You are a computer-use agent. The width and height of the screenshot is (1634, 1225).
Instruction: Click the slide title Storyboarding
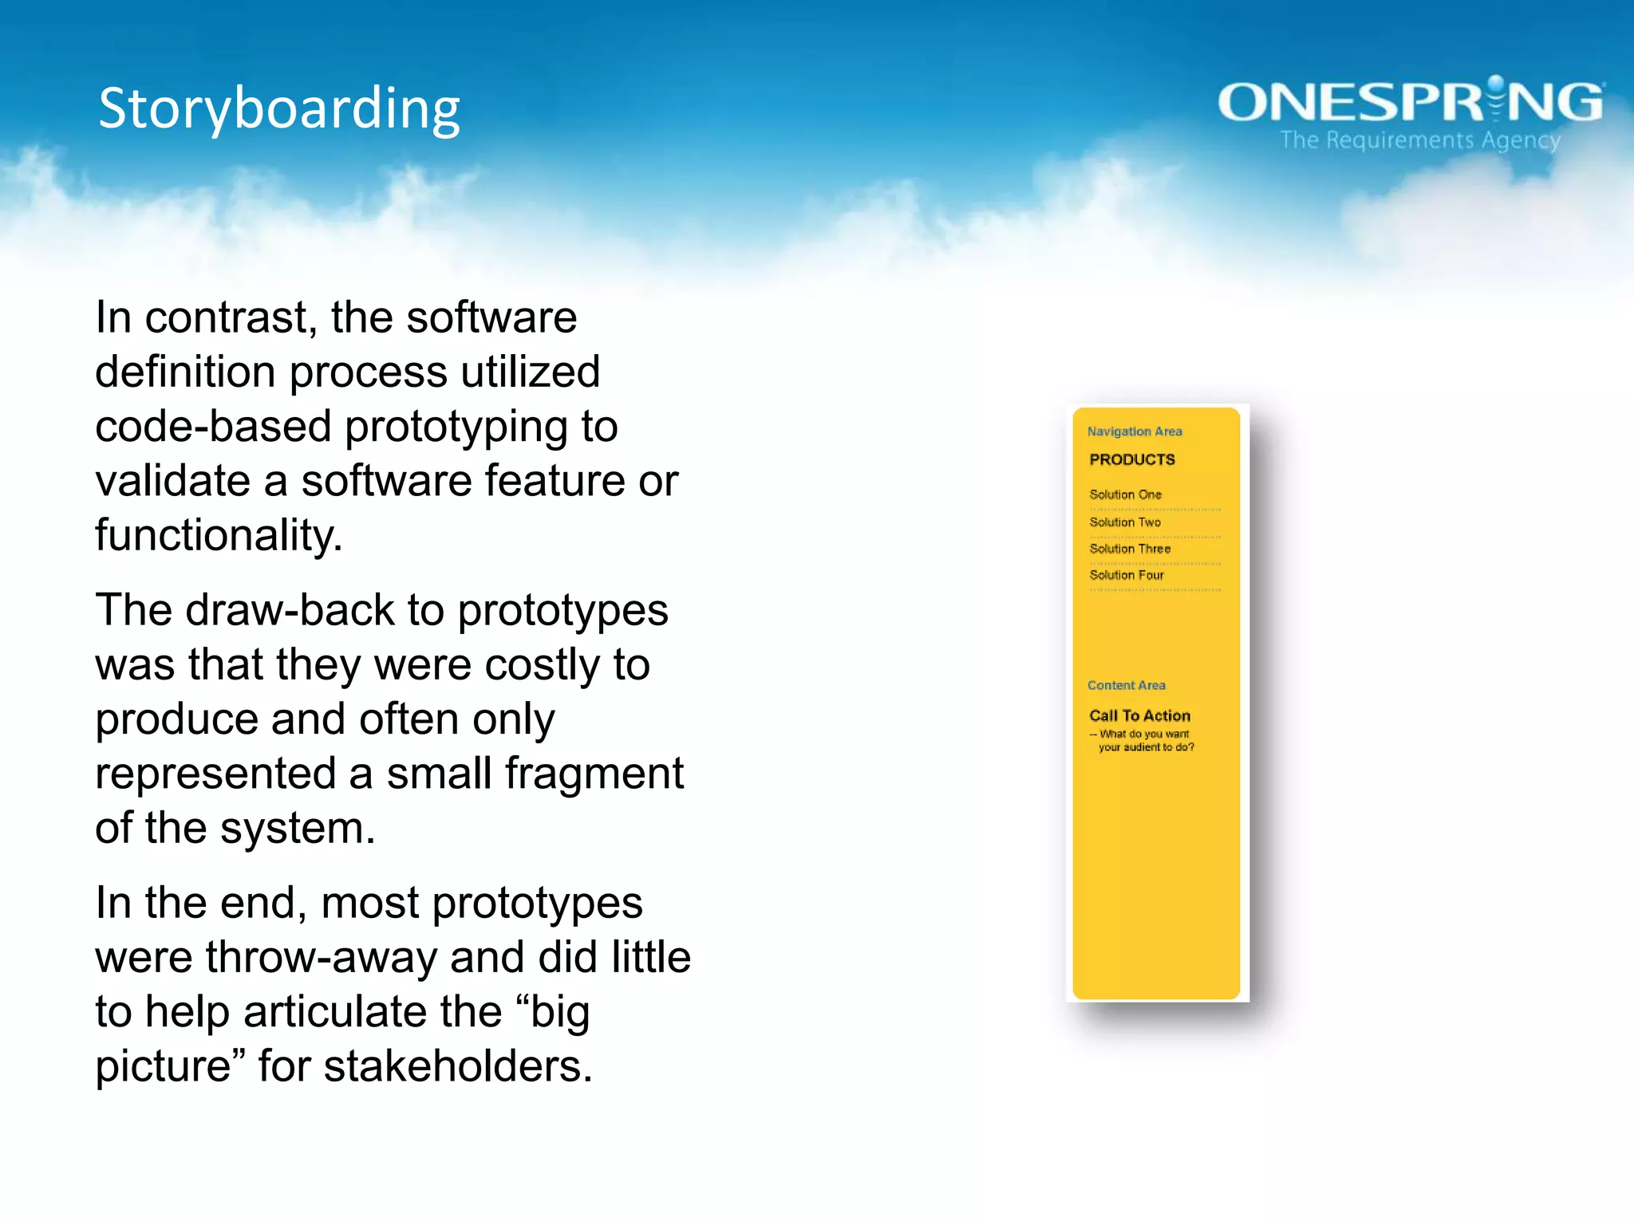pyautogui.click(x=279, y=108)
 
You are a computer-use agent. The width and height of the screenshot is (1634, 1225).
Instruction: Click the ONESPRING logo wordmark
pyautogui.click(x=1410, y=102)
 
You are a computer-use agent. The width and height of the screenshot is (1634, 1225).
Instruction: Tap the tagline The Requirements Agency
pyautogui.click(x=1419, y=140)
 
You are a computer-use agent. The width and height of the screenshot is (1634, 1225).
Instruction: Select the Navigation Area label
pyautogui.click(x=1135, y=431)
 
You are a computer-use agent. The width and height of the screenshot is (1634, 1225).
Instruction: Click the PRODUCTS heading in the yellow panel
pyautogui.click(x=1132, y=459)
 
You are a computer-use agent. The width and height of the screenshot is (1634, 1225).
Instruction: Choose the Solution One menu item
pyautogui.click(x=1126, y=494)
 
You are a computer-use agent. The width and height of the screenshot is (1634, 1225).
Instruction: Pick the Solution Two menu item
pyautogui.click(x=1125, y=522)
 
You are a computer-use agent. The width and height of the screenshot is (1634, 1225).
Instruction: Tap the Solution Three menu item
pyautogui.click(x=1130, y=549)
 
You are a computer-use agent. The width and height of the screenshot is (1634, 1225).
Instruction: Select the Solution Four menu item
pyautogui.click(x=1127, y=575)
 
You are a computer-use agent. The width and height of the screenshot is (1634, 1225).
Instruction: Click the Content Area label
pyautogui.click(x=1126, y=685)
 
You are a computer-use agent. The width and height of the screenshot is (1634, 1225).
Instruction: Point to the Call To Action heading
pyautogui.click(x=1139, y=715)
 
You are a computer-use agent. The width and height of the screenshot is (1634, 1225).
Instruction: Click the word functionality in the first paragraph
pyautogui.click(x=218, y=535)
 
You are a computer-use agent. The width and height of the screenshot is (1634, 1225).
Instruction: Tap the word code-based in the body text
pyautogui.click(x=212, y=427)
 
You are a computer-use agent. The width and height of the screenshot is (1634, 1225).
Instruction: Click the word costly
pyautogui.click(x=542, y=665)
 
